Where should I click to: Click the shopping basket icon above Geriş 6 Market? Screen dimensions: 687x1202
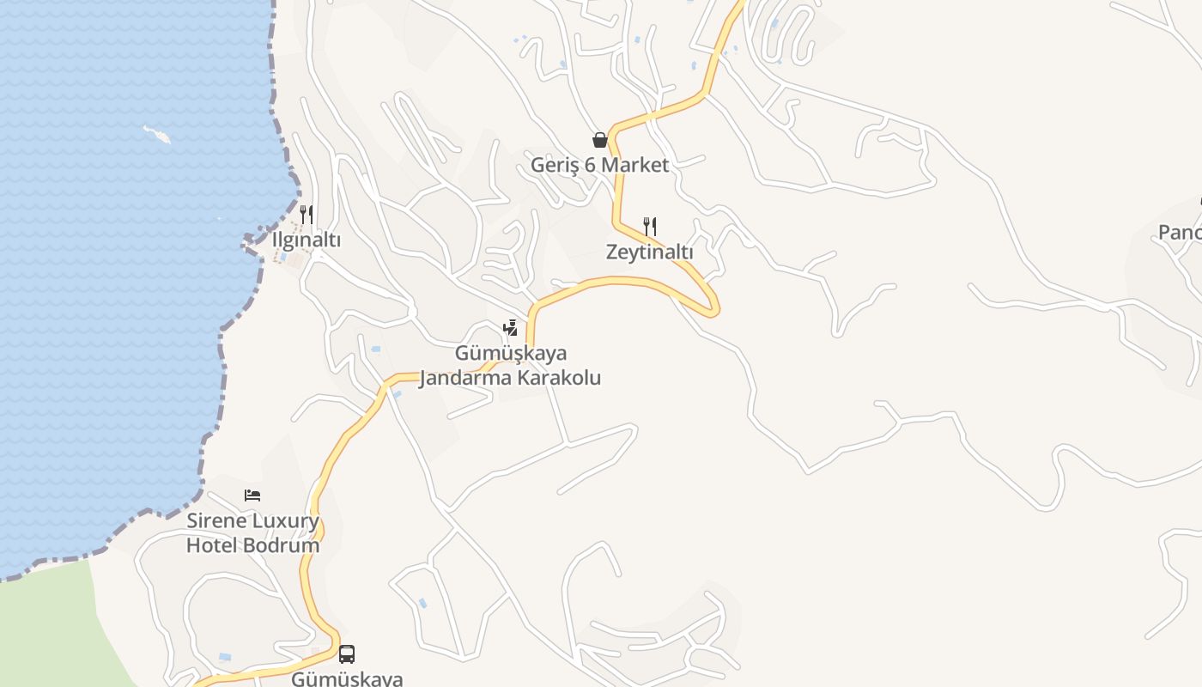point(599,140)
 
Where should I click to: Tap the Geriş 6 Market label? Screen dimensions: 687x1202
point(599,165)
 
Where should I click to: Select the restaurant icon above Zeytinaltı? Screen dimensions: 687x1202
point(650,227)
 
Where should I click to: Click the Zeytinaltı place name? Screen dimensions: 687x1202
point(649,252)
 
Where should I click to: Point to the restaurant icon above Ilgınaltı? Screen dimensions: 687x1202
point(306,214)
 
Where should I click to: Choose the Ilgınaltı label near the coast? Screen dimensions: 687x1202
point(306,240)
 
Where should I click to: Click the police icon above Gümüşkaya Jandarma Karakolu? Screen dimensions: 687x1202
point(510,328)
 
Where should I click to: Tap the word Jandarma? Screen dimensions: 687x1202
point(461,378)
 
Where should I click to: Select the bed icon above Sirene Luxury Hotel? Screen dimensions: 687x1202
point(252,495)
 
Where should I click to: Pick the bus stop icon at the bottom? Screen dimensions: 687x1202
point(347,654)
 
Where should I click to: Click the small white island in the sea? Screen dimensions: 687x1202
point(157,134)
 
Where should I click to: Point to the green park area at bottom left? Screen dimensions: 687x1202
point(52,627)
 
